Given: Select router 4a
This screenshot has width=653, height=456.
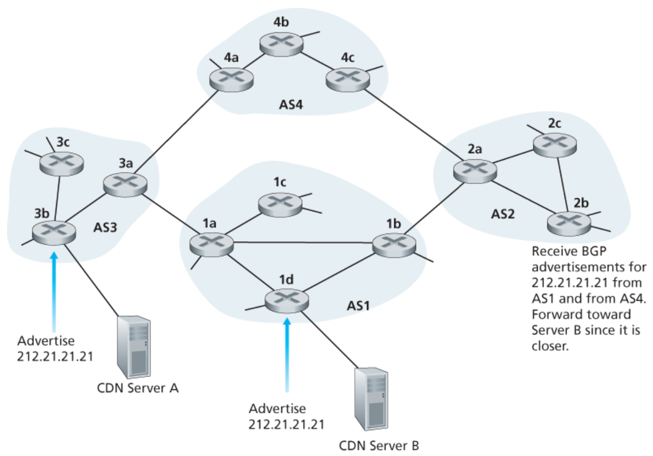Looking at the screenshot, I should point(231,79).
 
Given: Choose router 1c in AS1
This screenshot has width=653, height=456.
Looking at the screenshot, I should point(279,203).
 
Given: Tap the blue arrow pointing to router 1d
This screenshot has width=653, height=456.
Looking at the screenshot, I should point(287,354).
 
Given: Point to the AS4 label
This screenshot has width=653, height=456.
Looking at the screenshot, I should point(293,107).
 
